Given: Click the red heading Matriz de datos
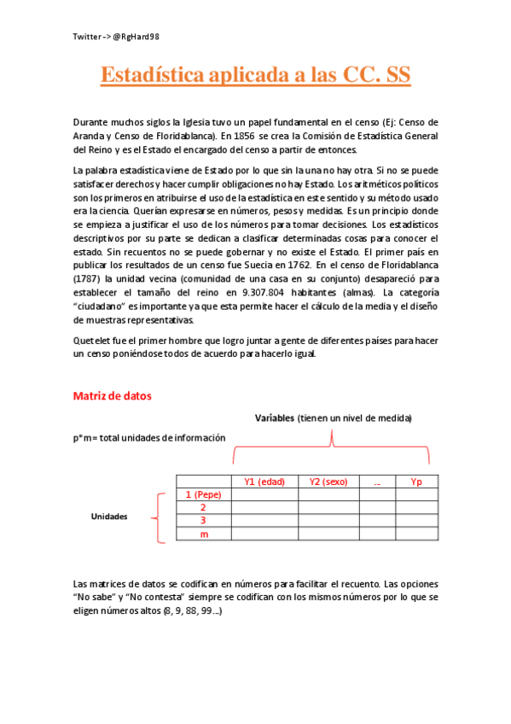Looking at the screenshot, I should click(113, 396).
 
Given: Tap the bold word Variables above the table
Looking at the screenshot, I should click(274, 418).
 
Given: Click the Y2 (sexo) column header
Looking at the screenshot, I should click(328, 482).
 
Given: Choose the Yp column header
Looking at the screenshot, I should click(416, 482).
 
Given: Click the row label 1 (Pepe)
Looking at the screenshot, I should click(203, 494).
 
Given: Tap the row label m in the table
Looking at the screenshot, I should click(204, 534).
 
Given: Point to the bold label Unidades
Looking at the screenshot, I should click(109, 517).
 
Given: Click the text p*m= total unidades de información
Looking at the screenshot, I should click(149, 437).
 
